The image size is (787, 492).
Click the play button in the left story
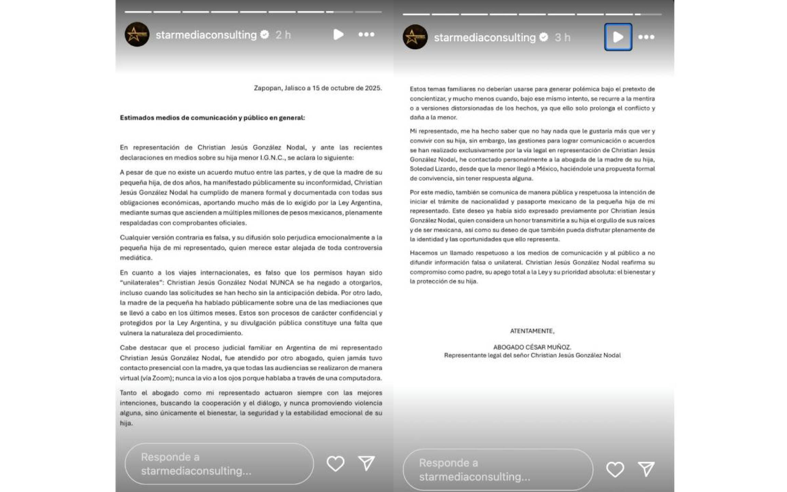[x=338, y=35]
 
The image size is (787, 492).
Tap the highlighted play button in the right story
[x=618, y=37]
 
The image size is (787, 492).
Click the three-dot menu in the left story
[x=366, y=35]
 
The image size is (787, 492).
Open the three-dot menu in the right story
[x=646, y=37]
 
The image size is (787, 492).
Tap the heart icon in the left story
[x=335, y=464]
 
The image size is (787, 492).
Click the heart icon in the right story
[x=615, y=469]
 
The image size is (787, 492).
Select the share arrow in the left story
[x=367, y=463]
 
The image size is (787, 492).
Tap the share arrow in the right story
[x=646, y=469]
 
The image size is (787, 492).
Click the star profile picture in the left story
[x=137, y=35]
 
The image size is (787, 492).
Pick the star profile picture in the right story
[x=415, y=37]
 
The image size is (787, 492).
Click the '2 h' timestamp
[x=283, y=35]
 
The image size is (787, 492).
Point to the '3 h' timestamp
[x=562, y=37]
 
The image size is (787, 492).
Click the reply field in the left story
[x=219, y=464]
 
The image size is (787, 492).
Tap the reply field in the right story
[x=498, y=469]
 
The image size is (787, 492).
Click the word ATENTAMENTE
[x=532, y=331]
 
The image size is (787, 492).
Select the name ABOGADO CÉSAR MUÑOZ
[x=532, y=347]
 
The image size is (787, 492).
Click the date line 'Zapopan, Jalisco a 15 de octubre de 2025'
[x=318, y=88]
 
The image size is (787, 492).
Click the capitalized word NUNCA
[x=282, y=283]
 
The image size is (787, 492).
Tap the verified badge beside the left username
[x=265, y=35]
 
